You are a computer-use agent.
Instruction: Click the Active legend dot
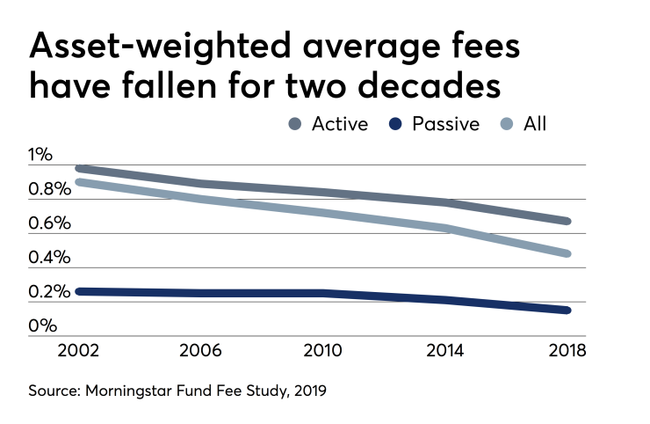tap(295, 124)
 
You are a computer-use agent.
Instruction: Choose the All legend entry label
tap(534, 124)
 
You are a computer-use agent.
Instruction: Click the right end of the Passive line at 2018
tap(568, 310)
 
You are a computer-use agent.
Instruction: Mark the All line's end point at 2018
tap(568, 253)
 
